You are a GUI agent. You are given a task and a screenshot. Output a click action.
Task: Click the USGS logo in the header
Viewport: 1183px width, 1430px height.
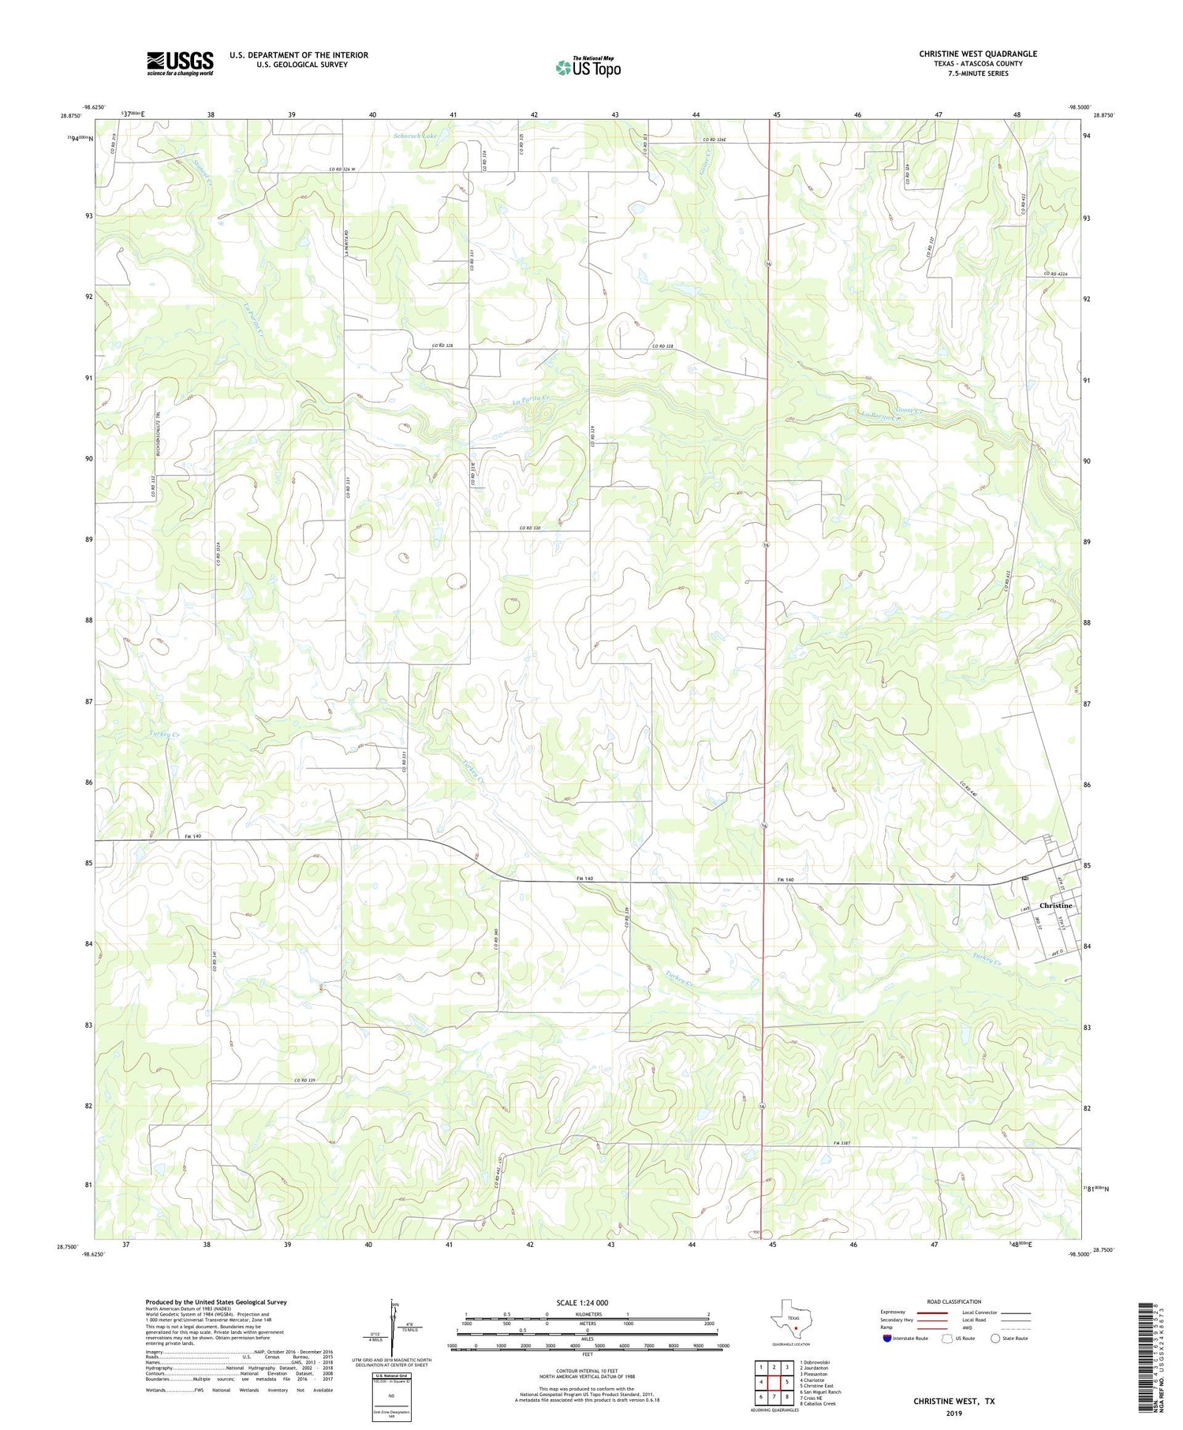pos(180,63)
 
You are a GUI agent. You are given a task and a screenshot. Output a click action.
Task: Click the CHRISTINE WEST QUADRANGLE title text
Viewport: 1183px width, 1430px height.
pos(977,54)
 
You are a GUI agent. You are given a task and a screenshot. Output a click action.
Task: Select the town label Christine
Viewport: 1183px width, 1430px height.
pos(1055,905)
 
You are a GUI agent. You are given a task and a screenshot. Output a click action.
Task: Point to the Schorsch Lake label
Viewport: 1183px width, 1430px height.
pos(415,136)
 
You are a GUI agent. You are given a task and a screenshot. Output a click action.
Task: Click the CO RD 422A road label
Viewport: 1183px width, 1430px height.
pos(1055,274)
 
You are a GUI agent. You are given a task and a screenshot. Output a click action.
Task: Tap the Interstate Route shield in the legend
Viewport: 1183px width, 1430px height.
pos(887,1339)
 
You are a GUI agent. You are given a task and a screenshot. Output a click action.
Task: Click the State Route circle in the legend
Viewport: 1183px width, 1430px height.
pos(995,1339)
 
